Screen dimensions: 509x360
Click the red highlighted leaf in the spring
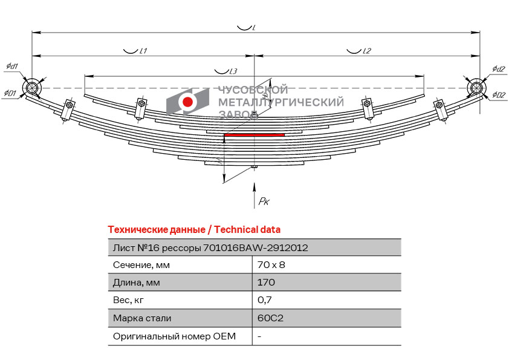pyautogui.click(x=254, y=134)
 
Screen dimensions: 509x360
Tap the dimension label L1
pyautogui.click(x=143, y=51)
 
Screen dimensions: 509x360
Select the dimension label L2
pyautogui.click(x=366, y=51)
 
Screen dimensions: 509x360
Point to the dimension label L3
pyautogui.click(x=233, y=71)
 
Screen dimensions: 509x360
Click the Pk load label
pyautogui.click(x=264, y=201)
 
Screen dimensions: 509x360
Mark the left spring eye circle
pyautogui.click(x=32, y=88)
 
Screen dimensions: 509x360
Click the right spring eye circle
pyautogui.click(x=476, y=88)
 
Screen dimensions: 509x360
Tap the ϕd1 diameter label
pyautogui.click(x=12, y=67)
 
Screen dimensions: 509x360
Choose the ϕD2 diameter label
pyautogui.click(x=499, y=95)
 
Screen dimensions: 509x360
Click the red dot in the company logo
pyautogui.click(x=187, y=102)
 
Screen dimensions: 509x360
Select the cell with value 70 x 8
pyautogui.click(x=271, y=265)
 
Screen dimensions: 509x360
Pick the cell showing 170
pyautogui.click(x=266, y=283)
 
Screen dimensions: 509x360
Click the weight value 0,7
pyautogui.click(x=265, y=300)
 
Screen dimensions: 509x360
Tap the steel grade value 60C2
pyautogui.click(x=270, y=318)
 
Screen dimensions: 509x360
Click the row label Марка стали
pyautogui.click(x=142, y=318)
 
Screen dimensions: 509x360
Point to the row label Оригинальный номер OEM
pyautogui.click(x=174, y=336)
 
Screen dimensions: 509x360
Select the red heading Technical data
pyautogui.click(x=247, y=230)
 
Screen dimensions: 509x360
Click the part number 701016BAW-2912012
pyautogui.click(x=256, y=248)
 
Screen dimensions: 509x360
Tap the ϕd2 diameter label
pyautogui.click(x=498, y=69)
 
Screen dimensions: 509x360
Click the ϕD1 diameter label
pyautogui.click(x=10, y=93)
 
